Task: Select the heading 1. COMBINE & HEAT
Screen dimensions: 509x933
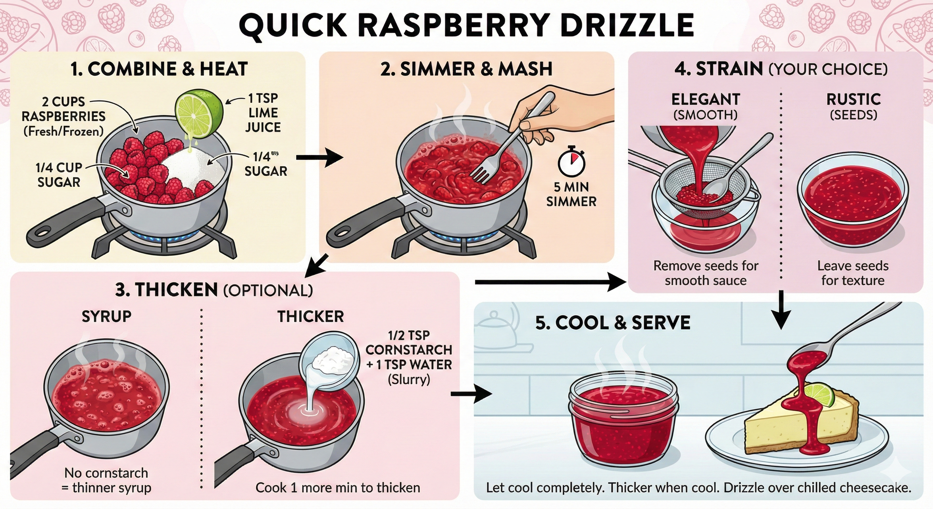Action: [x=159, y=69]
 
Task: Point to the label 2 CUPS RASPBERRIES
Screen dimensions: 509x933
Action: [x=63, y=116]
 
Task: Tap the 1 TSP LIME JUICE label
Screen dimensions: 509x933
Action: [x=263, y=113]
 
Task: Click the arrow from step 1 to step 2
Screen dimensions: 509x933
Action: [x=319, y=158]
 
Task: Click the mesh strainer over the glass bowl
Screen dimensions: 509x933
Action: [x=699, y=192]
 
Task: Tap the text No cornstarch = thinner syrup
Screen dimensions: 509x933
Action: [x=106, y=481]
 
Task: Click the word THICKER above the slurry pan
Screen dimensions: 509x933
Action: [x=311, y=316]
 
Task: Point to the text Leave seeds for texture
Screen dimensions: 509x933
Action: [x=852, y=273]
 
